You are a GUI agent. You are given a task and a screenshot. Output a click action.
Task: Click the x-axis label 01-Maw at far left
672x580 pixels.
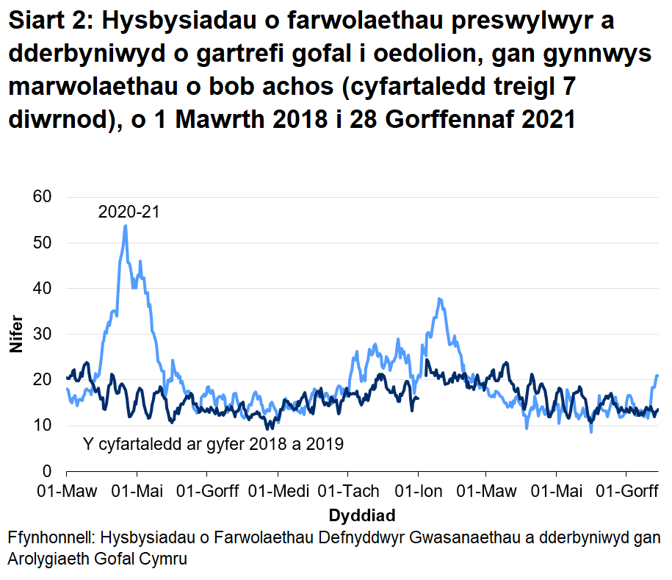tap(66, 491)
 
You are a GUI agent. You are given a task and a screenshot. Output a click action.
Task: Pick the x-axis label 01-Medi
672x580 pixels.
tap(278, 491)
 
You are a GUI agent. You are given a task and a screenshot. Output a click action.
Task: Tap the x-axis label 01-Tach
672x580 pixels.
tap(350, 491)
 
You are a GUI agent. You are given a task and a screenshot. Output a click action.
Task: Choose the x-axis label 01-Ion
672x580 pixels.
tap(418, 491)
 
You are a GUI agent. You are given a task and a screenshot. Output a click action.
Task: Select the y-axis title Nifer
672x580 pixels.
tap(15, 334)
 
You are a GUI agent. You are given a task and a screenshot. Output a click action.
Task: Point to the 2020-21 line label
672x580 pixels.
tap(129, 213)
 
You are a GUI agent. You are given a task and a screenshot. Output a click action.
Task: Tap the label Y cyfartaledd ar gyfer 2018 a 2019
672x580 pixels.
tap(214, 444)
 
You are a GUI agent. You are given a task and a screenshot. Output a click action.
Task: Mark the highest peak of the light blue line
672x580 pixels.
tap(126, 226)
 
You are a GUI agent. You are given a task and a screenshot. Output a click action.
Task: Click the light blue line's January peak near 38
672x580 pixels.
tap(439, 298)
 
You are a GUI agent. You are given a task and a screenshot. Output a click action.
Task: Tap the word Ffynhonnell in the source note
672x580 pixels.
tap(46, 538)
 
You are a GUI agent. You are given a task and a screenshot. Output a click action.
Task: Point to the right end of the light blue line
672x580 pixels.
tap(657, 376)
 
